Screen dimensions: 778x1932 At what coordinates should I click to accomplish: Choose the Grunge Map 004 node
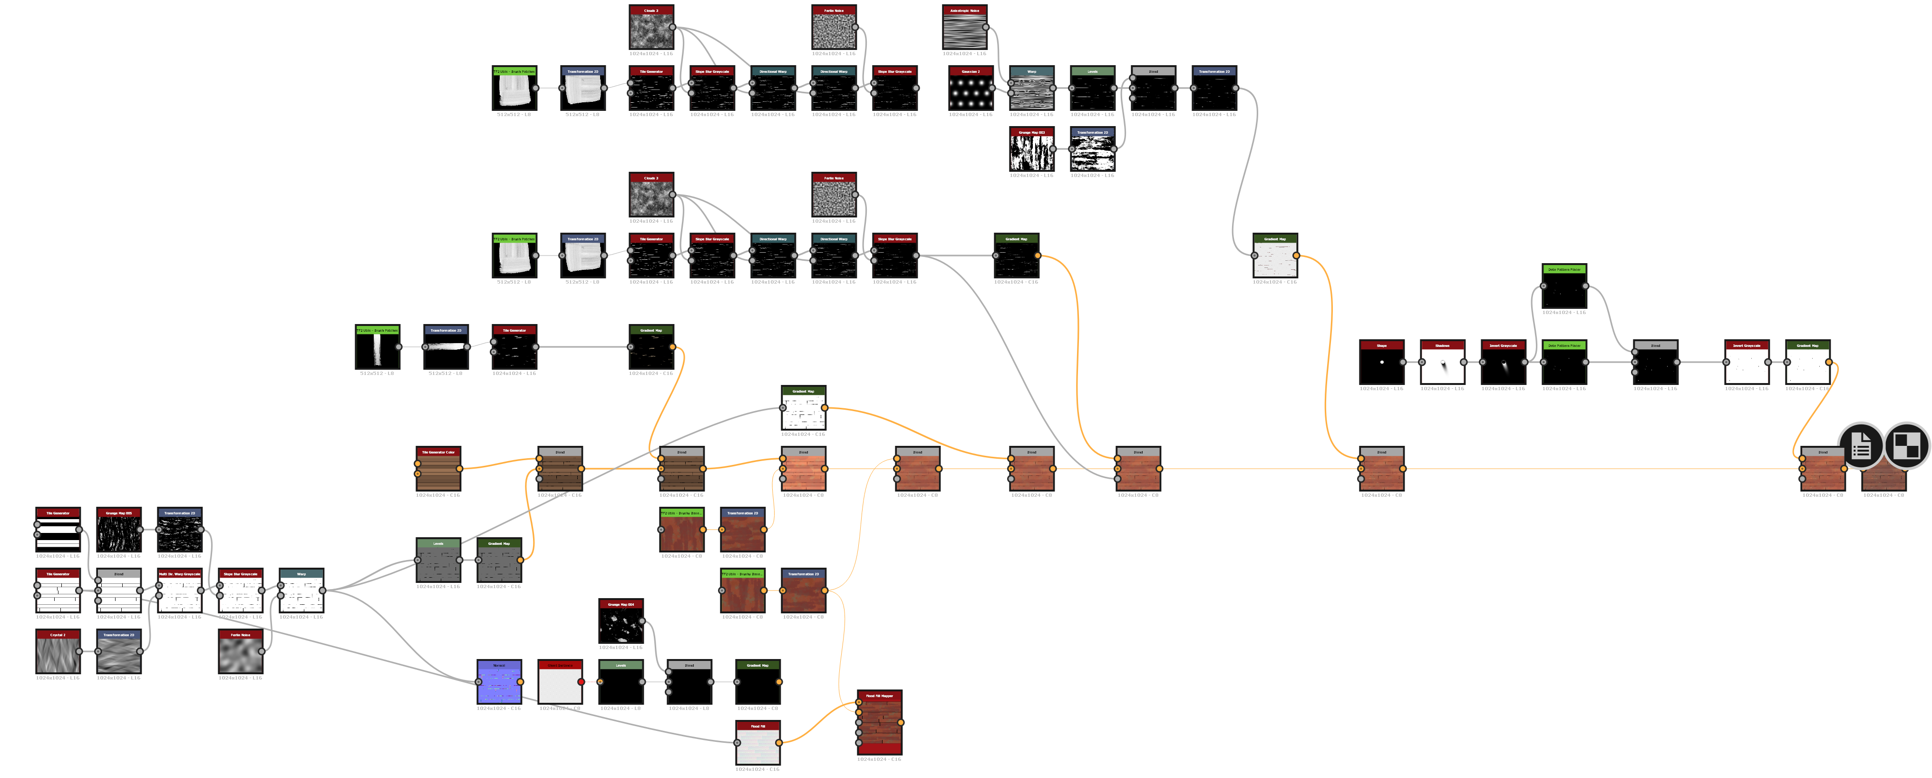pyautogui.click(x=621, y=624)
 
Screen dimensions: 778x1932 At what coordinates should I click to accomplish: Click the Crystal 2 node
pyautogui.click(x=58, y=654)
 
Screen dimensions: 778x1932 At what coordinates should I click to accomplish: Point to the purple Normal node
pyautogui.click(x=499, y=685)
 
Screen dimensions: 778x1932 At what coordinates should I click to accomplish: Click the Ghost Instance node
pyautogui.click(x=560, y=685)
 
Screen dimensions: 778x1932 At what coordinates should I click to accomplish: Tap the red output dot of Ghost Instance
pyautogui.click(x=581, y=682)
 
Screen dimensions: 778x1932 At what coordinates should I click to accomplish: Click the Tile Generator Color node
pyautogui.click(x=438, y=472)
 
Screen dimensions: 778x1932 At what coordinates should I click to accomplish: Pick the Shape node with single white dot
pyautogui.click(x=1381, y=365)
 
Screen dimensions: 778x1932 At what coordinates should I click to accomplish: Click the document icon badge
pyautogui.click(x=1860, y=446)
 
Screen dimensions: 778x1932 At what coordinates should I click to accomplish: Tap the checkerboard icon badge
pyautogui.click(x=1906, y=446)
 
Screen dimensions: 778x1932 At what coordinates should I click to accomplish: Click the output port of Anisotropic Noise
pyautogui.click(x=986, y=28)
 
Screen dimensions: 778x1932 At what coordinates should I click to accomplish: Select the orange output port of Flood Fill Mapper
pyautogui.click(x=900, y=722)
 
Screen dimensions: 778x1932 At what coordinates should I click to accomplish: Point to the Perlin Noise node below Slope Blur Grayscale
pyautogui.click(x=240, y=654)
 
